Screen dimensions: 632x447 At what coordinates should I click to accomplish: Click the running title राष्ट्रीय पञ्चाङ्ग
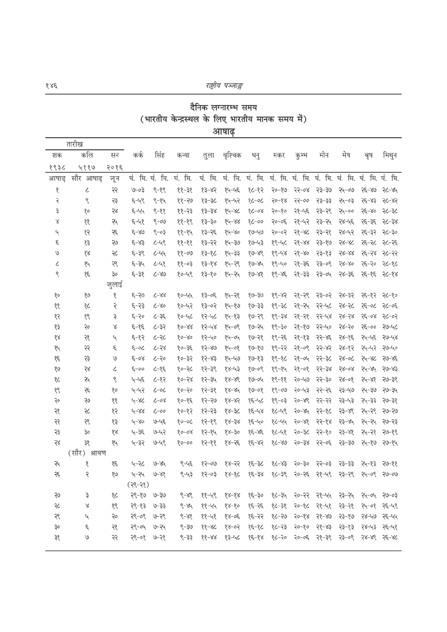coord(224,84)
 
